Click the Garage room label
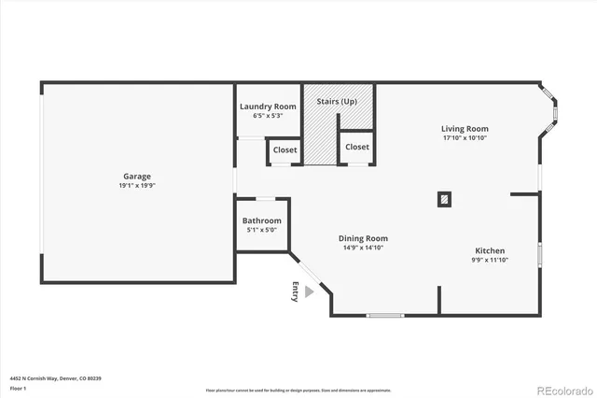(x=137, y=176)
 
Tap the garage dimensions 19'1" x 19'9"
(x=137, y=185)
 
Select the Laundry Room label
(x=268, y=107)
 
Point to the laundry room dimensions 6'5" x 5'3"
(x=268, y=116)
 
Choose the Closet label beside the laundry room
(x=285, y=149)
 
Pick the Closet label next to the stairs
(x=356, y=147)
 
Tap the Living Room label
(x=465, y=129)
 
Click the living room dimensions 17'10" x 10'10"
(x=465, y=138)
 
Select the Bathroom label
(x=261, y=220)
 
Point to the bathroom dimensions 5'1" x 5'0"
(x=261, y=230)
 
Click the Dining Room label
(x=363, y=238)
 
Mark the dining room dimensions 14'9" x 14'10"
(x=363, y=248)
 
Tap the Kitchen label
(x=490, y=250)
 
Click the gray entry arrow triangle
(x=310, y=292)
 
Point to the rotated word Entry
(x=297, y=291)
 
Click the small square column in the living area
(x=445, y=198)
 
